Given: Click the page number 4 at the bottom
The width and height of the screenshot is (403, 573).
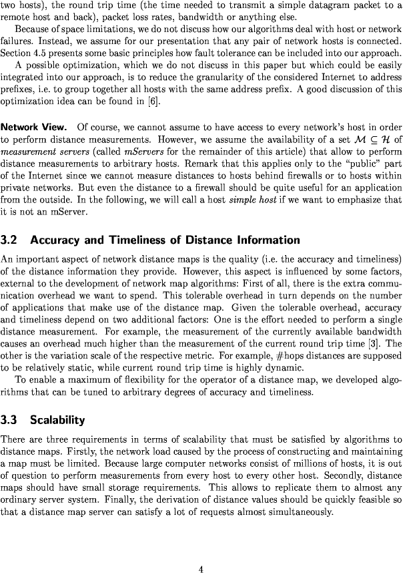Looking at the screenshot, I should coord(201,550).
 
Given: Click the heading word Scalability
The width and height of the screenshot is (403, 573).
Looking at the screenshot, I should coord(57,420).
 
